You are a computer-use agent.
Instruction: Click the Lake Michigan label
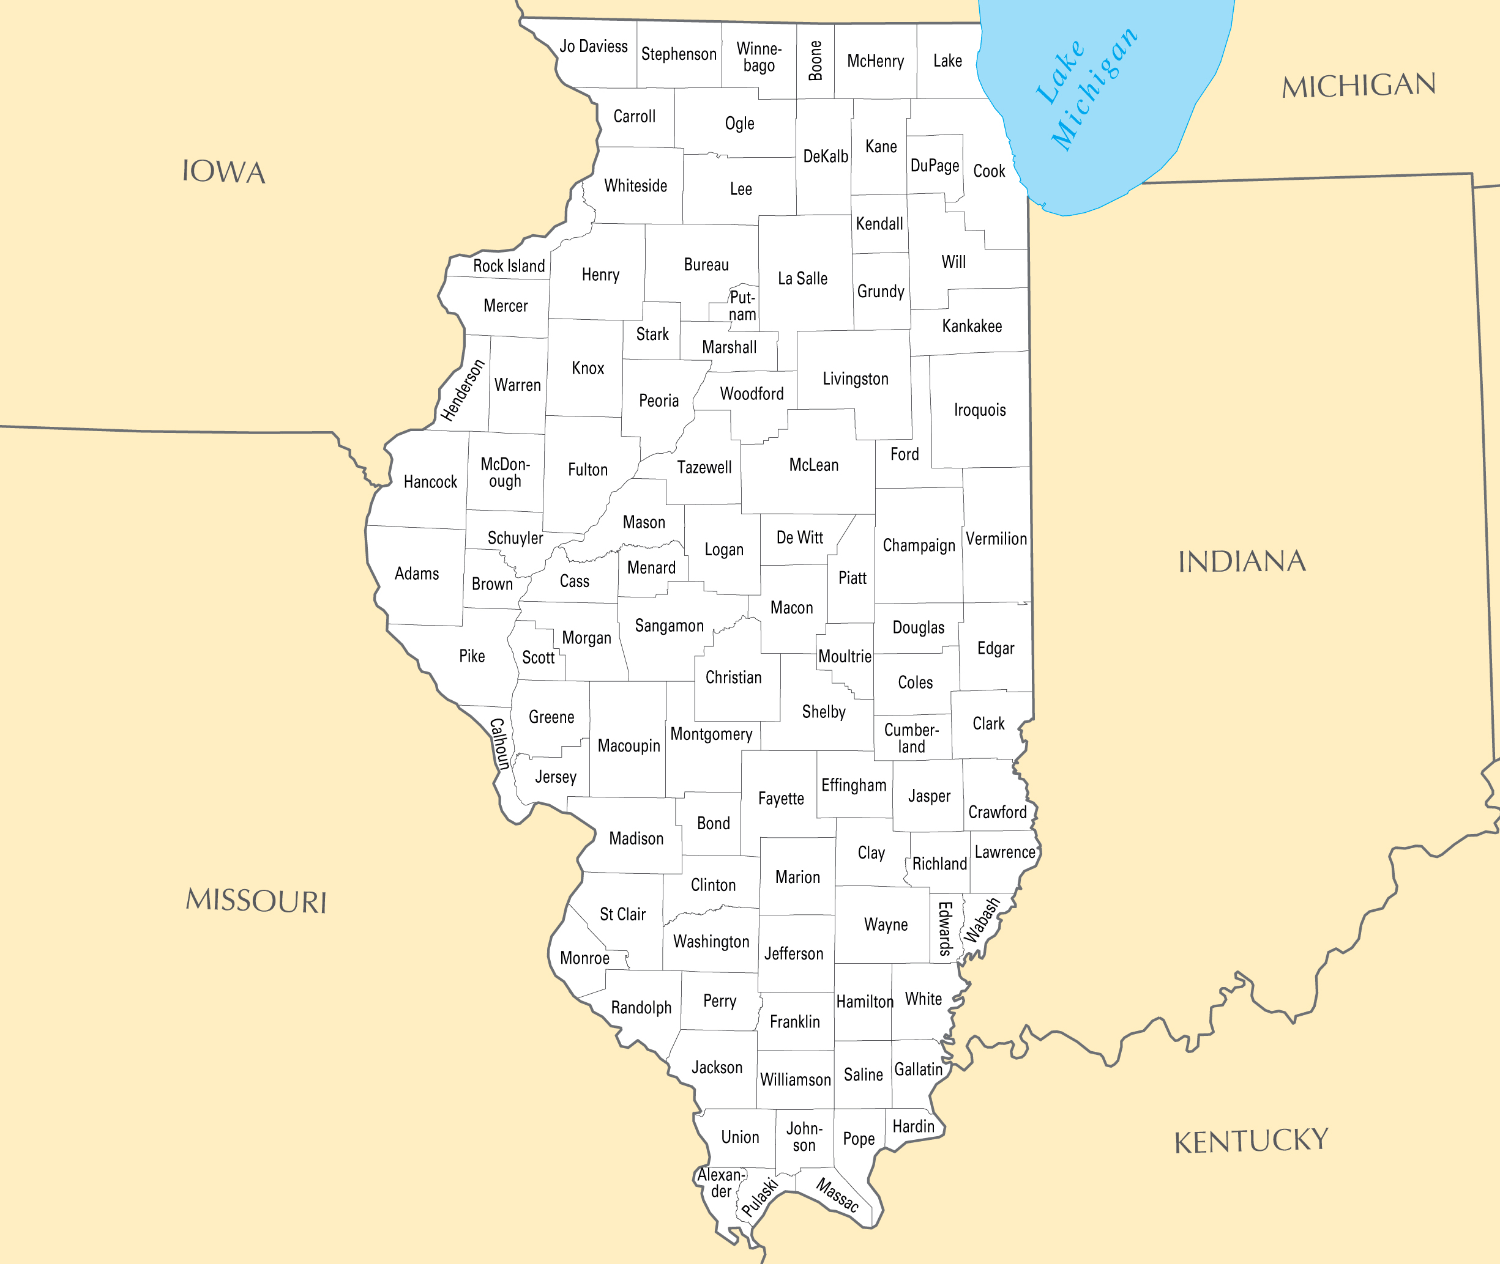click(1086, 89)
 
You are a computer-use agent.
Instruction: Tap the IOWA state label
click(224, 172)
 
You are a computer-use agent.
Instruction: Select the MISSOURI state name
click(256, 901)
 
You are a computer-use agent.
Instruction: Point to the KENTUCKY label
click(1250, 1142)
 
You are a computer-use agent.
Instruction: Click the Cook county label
click(989, 171)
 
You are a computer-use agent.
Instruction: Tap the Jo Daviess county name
click(593, 46)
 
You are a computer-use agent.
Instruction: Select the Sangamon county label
click(669, 626)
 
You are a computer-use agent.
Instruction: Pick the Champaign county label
click(919, 545)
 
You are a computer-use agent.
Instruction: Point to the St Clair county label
click(622, 914)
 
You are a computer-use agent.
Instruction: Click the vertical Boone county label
click(815, 61)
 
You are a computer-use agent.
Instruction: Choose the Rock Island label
click(509, 266)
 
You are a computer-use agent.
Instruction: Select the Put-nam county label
click(742, 306)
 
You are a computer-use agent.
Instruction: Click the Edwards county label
click(945, 929)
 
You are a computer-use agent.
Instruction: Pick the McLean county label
click(813, 465)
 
